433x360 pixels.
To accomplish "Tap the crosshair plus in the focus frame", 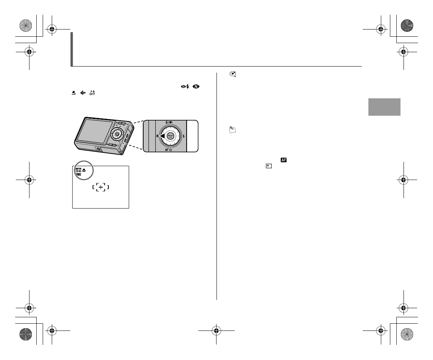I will click(x=101, y=187).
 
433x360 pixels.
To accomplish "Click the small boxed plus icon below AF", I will click(x=269, y=166).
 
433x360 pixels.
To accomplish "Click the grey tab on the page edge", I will click(x=384, y=107).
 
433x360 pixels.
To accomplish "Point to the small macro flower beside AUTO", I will click(x=84, y=170).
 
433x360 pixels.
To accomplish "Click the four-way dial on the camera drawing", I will click(x=117, y=134).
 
